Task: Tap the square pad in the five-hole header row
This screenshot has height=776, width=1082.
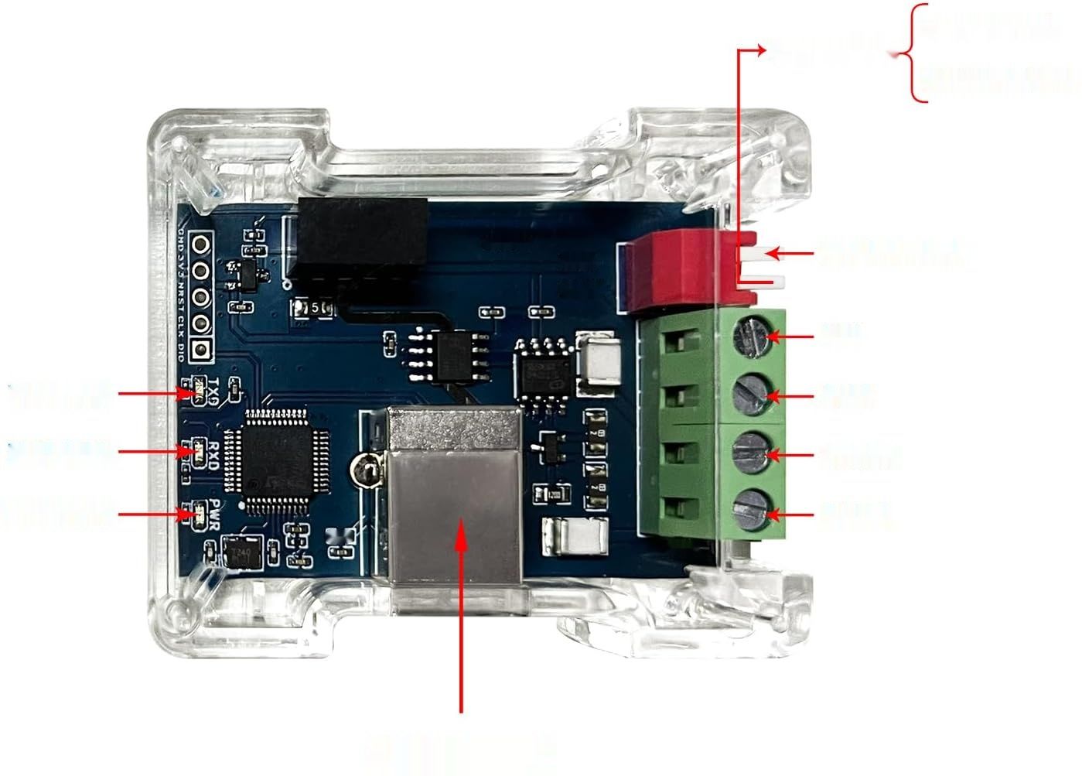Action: (x=202, y=349)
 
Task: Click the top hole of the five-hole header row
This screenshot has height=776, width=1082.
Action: (x=202, y=246)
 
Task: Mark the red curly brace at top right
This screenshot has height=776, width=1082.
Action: (x=918, y=52)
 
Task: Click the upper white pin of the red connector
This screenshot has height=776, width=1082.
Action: (x=754, y=252)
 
